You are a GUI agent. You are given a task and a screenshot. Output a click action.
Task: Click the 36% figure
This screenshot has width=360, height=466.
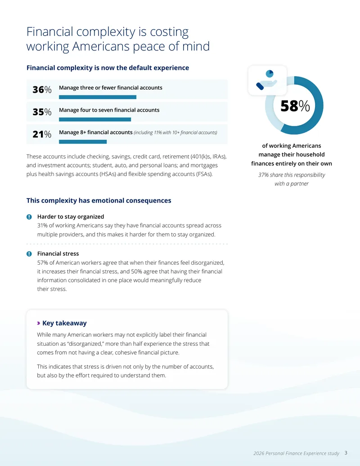[x=42, y=90]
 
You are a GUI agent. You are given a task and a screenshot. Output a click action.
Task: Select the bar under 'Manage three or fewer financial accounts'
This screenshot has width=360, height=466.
[x=98, y=97]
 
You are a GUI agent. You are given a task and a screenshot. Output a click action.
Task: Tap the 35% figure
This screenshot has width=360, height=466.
[x=42, y=112]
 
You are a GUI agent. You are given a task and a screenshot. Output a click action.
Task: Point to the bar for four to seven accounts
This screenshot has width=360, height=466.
[x=95, y=119]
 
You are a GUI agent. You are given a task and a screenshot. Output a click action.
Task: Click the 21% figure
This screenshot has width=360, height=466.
[x=42, y=134]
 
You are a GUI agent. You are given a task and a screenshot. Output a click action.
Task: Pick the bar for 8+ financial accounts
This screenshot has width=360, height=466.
[x=82, y=142]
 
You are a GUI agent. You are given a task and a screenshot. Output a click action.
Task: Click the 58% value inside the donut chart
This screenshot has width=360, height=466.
[x=295, y=106]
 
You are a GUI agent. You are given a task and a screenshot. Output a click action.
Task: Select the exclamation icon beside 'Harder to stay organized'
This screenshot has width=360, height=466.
[x=29, y=217]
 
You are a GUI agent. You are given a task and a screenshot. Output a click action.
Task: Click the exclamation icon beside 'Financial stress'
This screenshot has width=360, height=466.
[x=29, y=254]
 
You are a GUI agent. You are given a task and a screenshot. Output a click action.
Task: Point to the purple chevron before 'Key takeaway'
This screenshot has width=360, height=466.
[x=39, y=323]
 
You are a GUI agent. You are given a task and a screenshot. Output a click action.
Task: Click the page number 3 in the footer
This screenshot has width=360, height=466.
[x=346, y=453]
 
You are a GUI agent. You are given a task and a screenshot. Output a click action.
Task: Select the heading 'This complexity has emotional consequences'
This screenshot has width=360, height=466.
[x=99, y=201]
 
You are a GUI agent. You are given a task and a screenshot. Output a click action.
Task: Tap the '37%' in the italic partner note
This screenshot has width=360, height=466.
[x=263, y=175]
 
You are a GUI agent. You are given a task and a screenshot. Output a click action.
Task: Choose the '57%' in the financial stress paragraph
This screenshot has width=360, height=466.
[x=42, y=263]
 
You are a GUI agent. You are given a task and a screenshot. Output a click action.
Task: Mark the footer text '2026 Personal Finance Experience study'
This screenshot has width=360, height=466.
[x=296, y=453]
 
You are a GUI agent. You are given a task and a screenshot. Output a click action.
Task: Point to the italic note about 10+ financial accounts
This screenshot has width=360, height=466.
[x=175, y=132]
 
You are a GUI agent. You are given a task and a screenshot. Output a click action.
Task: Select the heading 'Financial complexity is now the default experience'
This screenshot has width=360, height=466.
[x=108, y=68]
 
